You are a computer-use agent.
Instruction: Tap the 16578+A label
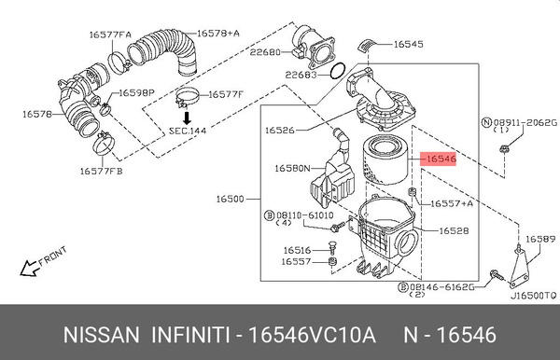tap(220, 35)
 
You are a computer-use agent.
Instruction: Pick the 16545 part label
tap(407, 43)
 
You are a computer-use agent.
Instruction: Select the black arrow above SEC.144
tap(187, 118)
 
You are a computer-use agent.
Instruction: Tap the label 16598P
tap(135, 92)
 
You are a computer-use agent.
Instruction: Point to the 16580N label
tap(292, 168)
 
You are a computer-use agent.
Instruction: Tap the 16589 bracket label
tap(538, 240)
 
